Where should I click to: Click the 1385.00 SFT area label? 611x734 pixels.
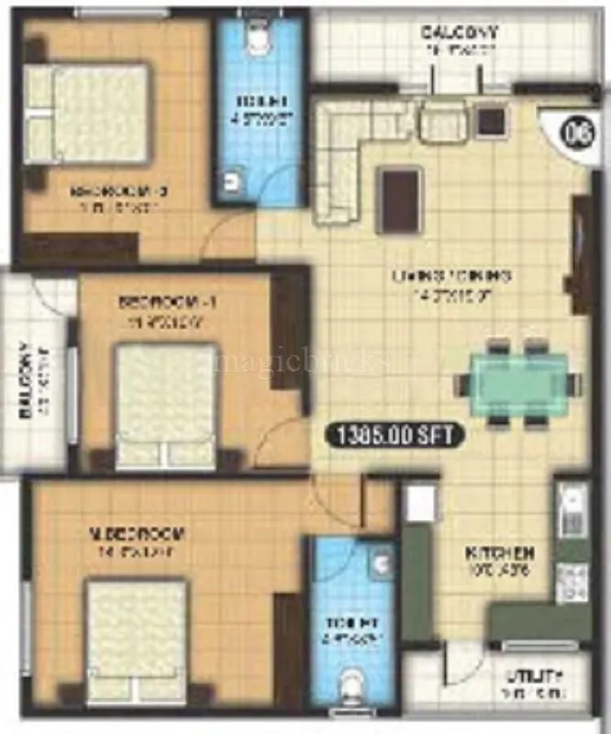coord(397,436)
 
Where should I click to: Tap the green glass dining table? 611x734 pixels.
coord(519,383)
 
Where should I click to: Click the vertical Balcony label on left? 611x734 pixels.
coord(27,381)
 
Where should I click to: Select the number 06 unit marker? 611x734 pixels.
coord(576,131)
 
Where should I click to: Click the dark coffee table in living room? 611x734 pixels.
coord(400,199)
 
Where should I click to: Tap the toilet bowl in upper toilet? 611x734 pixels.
coord(259,38)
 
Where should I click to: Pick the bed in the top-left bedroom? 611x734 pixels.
coord(87,114)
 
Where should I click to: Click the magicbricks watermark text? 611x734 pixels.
coord(303,362)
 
